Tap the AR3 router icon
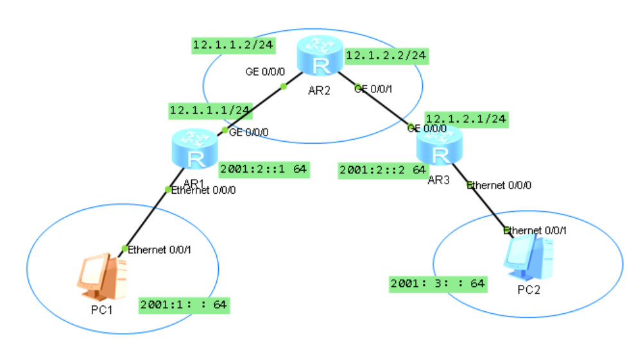click(x=438, y=146)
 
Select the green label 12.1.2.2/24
click(x=386, y=55)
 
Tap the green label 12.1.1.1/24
click(x=210, y=110)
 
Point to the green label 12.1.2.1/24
click(x=466, y=118)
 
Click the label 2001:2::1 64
click(x=263, y=169)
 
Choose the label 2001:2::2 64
click(x=382, y=170)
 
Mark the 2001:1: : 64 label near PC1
click(x=184, y=305)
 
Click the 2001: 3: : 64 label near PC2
click(x=438, y=283)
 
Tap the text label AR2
click(x=318, y=90)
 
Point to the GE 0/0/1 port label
click(x=372, y=89)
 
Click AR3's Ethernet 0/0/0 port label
click(x=499, y=185)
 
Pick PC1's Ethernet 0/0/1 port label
click(x=159, y=249)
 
